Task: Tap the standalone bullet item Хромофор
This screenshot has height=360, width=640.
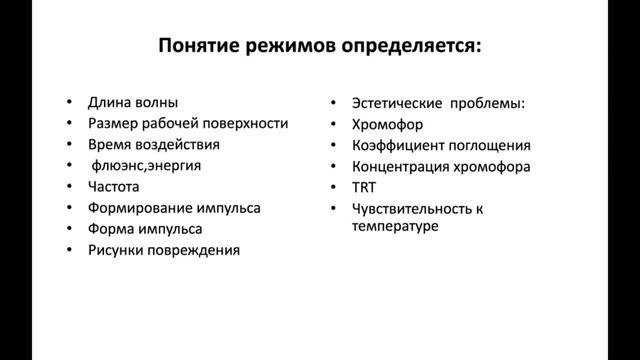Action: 388,124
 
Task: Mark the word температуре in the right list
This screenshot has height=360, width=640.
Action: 397,226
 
